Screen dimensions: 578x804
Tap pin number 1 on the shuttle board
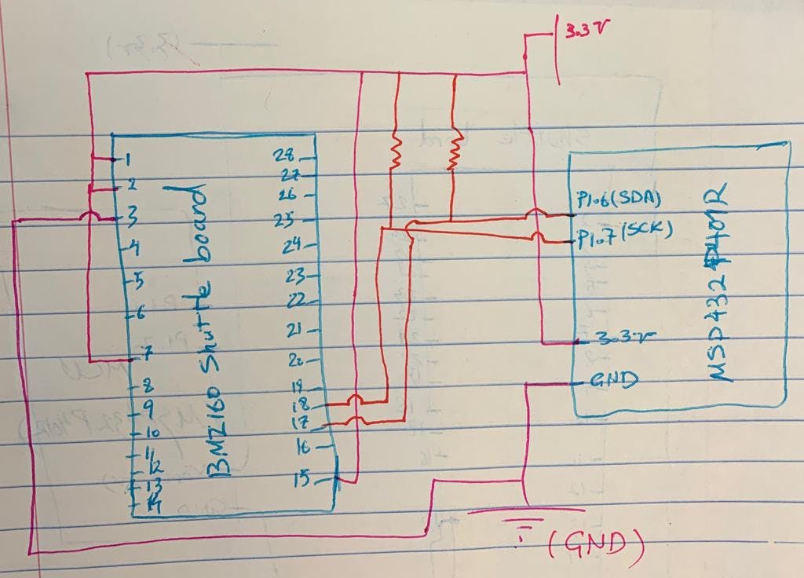(125, 159)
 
